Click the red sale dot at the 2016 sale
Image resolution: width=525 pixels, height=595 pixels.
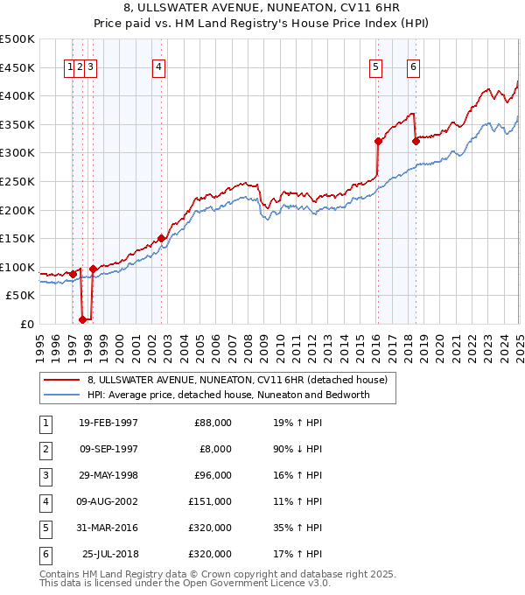click(378, 141)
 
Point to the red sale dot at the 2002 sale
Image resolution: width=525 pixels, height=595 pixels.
click(161, 237)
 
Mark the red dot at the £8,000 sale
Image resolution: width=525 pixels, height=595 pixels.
click(82, 319)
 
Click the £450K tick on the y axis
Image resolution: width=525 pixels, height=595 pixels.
click(17, 67)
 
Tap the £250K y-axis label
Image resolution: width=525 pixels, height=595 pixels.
click(17, 181)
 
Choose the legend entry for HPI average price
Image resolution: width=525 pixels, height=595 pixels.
click(228, 395)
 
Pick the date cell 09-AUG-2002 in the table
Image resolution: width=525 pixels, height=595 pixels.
click(108, 501)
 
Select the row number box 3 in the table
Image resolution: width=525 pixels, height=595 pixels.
click(44, 475)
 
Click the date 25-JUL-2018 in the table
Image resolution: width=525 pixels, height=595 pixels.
click(109, 554)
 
